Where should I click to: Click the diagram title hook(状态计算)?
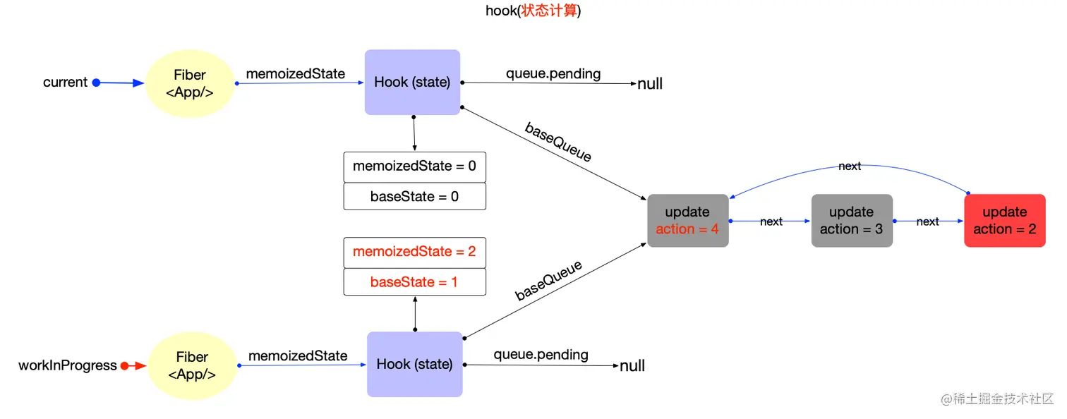point(533,11)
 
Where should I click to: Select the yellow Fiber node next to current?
point(190,83)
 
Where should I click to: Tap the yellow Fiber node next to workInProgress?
point(192,365)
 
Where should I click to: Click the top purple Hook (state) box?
point(412,82)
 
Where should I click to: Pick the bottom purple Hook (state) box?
point(414,364)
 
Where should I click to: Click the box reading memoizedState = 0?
point(414,166)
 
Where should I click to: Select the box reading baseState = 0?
point(414,196)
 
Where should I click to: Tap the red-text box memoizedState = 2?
point(414,252)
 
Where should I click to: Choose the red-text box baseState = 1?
point(414,281)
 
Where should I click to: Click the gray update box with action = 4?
point(687,220)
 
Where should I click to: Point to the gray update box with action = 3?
point(851,220)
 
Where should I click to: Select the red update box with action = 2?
point(1004,220)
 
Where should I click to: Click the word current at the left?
point(65,83)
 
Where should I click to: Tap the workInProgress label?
point(67,365)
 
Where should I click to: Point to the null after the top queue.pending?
point(650,84)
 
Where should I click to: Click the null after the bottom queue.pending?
point(632,366)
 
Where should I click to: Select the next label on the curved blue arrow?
point(850,166)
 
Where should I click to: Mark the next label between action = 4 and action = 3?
point(771,221)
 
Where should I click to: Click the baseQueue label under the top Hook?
point(557,142)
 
